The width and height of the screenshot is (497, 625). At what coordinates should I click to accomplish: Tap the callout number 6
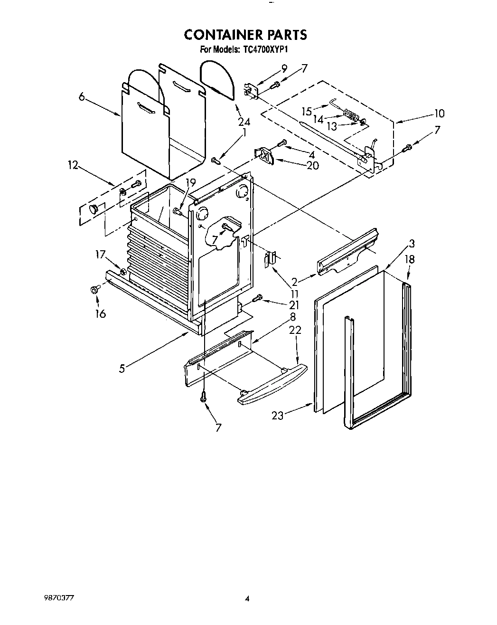[x=82, y=97]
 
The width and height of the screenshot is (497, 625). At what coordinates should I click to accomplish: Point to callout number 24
[x=244, y=121]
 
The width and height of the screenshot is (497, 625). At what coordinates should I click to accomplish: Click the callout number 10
[x=439, y=114]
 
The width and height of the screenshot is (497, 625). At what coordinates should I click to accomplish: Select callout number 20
[x=312, y=165]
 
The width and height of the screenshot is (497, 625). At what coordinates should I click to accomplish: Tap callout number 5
[x=122, y=368]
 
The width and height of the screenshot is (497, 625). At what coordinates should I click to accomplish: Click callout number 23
[x=277, y=416]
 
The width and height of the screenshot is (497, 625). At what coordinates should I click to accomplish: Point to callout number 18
[x=410, y=259]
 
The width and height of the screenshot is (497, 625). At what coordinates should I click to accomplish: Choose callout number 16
[x=100, y=313]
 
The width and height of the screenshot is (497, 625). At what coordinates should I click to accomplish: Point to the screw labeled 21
[x=257, y=298]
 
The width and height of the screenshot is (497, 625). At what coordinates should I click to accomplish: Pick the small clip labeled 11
[x=270, y=259]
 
